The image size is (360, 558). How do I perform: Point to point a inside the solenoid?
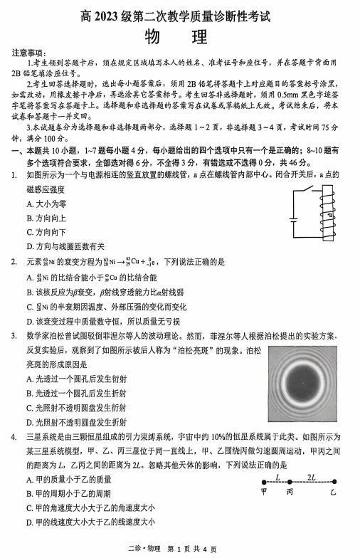click(x=329, y=215)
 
